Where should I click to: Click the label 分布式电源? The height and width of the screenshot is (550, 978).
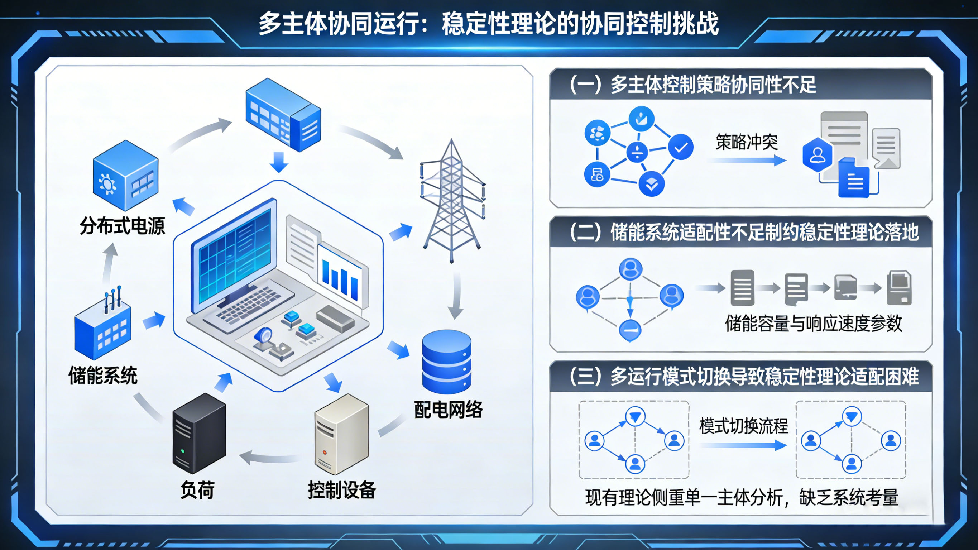pos(122,226)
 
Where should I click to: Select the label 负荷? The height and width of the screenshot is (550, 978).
pos(197,490)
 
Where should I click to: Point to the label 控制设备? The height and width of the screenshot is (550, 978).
pos(342,490)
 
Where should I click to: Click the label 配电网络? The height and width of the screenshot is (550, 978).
pos(448,410)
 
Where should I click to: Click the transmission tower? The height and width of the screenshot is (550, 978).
pos(452,201)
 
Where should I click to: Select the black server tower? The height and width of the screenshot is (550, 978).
pos(199,433)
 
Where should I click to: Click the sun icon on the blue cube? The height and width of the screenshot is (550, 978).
pos(107,184)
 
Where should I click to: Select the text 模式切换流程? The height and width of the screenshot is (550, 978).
pos(743,426)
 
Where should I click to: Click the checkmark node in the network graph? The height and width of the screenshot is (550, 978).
pos(681,147)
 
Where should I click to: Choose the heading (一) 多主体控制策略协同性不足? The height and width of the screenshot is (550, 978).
pos(693,84)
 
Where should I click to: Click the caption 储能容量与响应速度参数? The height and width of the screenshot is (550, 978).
pos(813,324)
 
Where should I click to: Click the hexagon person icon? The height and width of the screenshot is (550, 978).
pos(817,155)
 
